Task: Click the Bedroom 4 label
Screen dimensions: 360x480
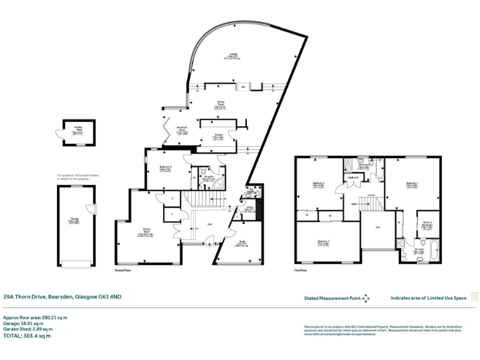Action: click(x=164, y=168)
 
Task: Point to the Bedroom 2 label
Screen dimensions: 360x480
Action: click(x=323, y=241)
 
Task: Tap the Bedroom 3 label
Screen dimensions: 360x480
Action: click(x=317, y=184)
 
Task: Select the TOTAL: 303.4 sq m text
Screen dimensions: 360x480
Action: click(x=27, y=336)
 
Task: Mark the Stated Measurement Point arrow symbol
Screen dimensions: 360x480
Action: click(x=366, y=299)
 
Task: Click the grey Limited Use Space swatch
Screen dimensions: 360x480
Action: click(x=473, y=298)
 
